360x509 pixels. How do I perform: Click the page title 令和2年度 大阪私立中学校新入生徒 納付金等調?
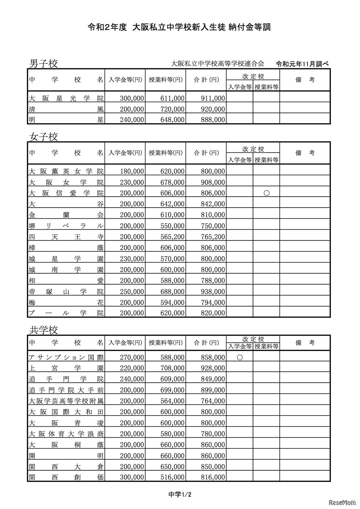click(x=179, y=27)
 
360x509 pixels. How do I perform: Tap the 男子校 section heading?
click(x=43, y=64)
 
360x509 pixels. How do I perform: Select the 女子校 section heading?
click(x=43, y=137)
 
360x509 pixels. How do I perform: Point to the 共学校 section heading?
click(x=43, y=330)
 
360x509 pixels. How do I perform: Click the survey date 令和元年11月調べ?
click(x=302, y=64)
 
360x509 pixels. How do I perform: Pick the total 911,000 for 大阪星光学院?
click(x=213, y=98)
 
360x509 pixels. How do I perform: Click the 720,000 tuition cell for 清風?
click(x=172, y=109)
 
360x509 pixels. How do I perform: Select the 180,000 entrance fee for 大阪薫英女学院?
click(x=132, y=171)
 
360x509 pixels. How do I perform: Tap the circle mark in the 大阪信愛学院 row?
click(x=266, y=193)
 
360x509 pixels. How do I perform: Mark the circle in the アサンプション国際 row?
click(x=240, y=357)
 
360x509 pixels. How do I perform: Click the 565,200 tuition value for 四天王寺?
click(x=172, y=237)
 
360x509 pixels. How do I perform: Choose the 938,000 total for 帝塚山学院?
click(x=213, y=292)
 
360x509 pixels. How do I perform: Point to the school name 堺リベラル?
click(x=66, y=226)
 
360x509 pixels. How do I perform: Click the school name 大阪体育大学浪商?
click(x=66, y=434)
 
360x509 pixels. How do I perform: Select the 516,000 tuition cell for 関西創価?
click(x=172, y=477)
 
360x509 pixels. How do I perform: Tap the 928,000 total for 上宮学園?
click(x=213, y=368)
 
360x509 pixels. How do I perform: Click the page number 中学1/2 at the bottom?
click(x=180, y=495)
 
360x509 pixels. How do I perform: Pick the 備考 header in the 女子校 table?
click(x=305, y=153)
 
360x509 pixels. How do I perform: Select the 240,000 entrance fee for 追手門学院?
click(x=132, y=379)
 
